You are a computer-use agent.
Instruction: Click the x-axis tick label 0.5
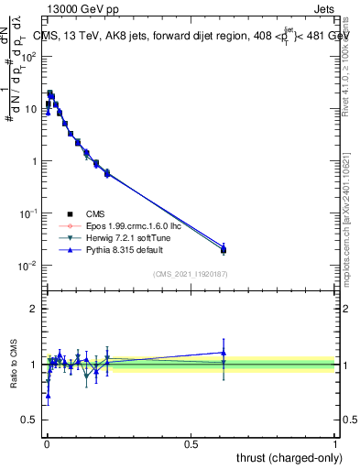pos(191,443)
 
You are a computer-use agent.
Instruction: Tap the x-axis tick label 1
pos(335,443)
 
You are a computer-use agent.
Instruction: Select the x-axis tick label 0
pos(47,443)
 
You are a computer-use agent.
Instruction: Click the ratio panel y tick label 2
pos(34,309)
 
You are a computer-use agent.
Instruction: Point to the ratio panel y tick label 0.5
pos(30,420)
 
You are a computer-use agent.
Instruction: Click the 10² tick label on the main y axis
pos(29,57)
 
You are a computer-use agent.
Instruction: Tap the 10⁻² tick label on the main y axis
pos(28,266)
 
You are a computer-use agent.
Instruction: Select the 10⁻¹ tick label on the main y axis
pos(28,213)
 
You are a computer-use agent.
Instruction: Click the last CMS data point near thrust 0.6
pos(224,250)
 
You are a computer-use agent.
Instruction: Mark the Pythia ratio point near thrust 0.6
pos(224,352)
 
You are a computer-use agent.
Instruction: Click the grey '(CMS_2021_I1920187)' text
pos(191,274)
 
